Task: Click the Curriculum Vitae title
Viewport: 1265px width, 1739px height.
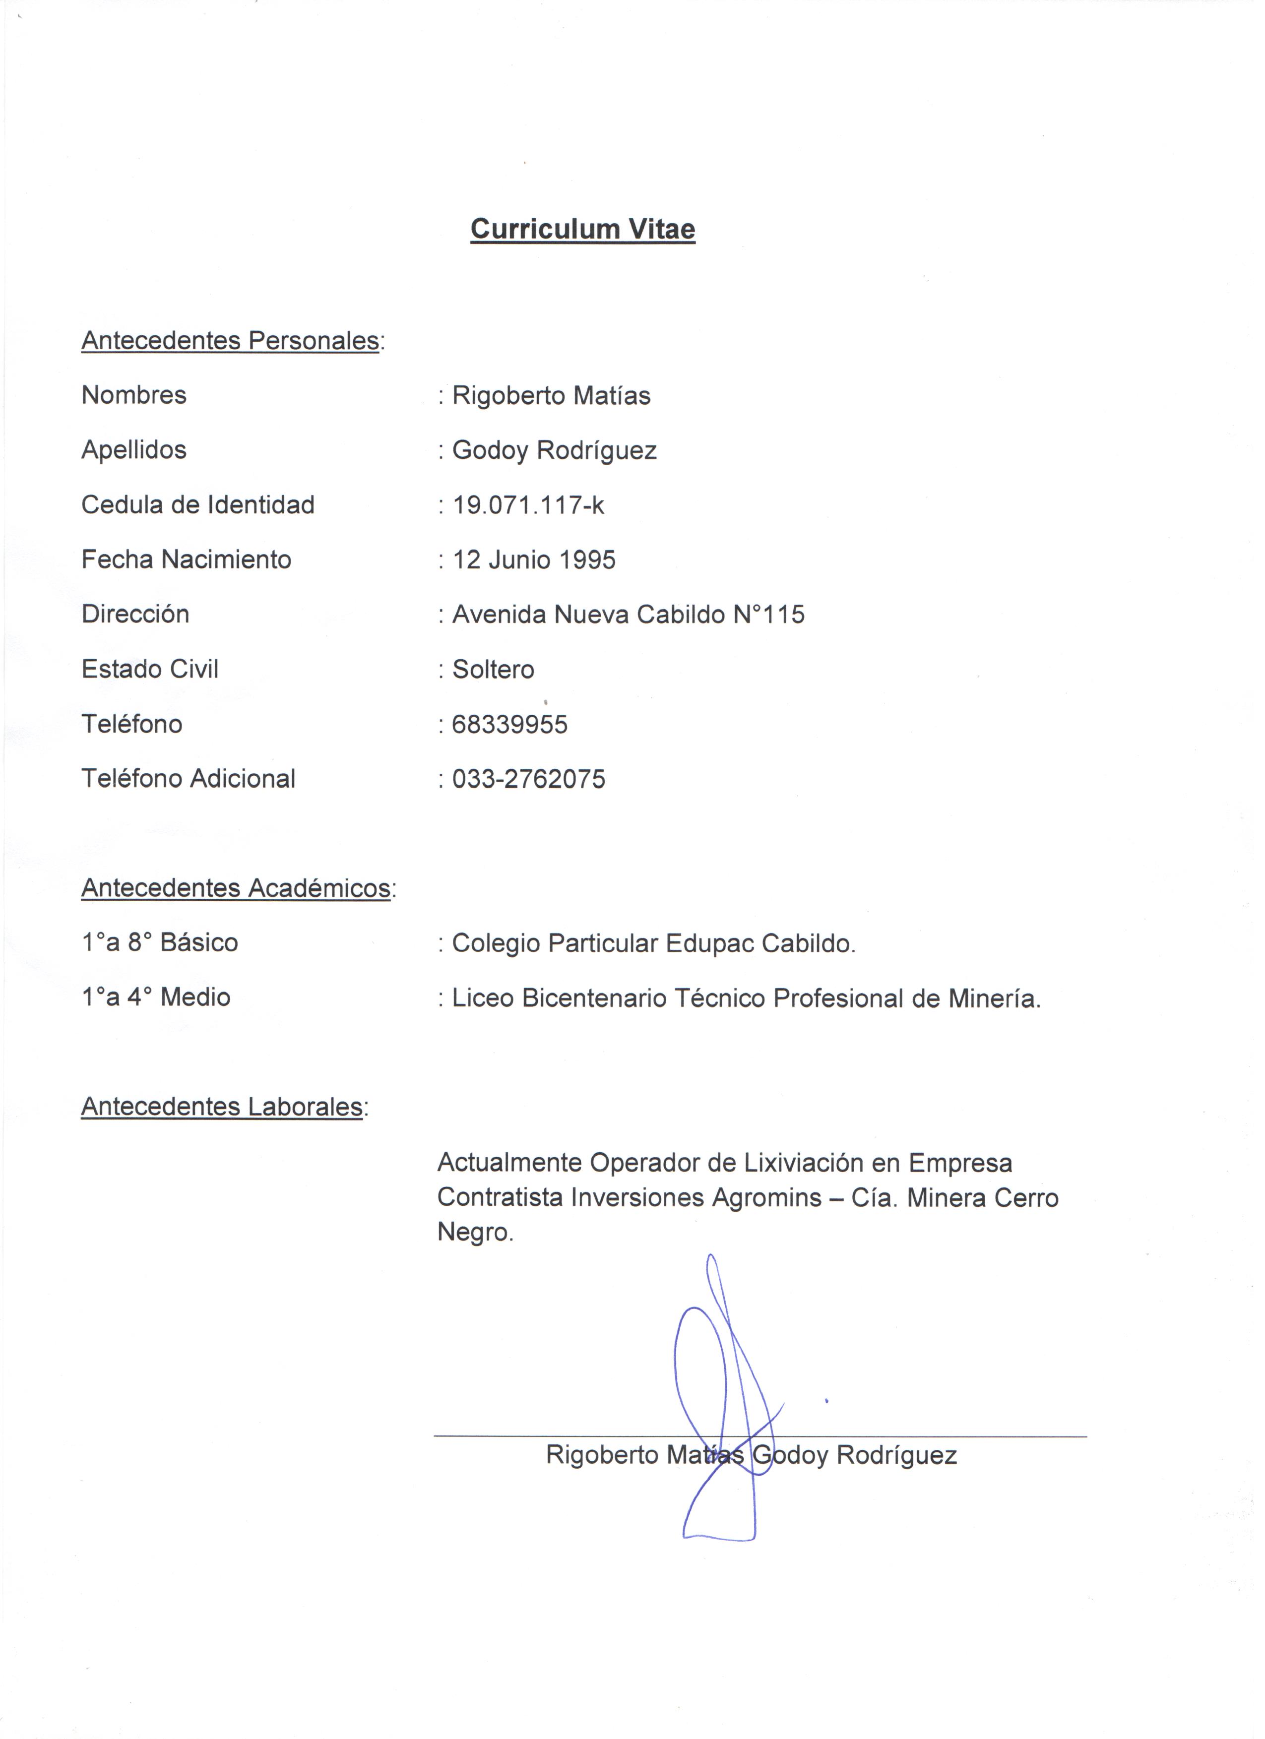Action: [x=583, y=229]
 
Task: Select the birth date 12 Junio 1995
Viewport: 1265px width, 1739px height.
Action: [x=534, y=559]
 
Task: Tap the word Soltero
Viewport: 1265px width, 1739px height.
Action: [x=493, y=670]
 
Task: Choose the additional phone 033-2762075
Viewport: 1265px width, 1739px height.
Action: [x=528, y=779]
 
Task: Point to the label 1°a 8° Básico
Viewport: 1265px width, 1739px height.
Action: [x=159, y=942]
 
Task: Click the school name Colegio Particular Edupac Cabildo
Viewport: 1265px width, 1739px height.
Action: [x=653, y=943]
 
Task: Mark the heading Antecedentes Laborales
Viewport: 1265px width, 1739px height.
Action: [x=222, y=1107]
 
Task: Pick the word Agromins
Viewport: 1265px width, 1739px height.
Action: [x=766, y=1198]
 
